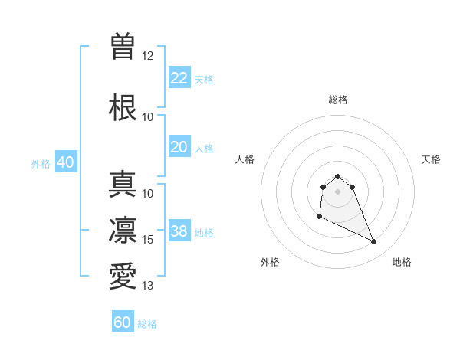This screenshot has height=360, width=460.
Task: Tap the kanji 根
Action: pos(123,107)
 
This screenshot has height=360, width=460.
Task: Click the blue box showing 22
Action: pos(179,77)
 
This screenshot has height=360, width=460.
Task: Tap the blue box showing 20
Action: pos(179,147)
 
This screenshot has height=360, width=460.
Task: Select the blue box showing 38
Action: pos(179,231)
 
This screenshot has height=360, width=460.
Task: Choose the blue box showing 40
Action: pos(65,162)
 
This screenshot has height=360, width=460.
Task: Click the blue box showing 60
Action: pos(123,322)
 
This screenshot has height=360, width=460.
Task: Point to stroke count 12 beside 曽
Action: pos(148,56)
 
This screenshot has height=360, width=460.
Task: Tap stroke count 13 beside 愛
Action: pos(148,286)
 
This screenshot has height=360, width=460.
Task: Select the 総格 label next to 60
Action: pos(147,324)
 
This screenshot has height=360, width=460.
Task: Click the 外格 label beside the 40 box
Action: pos(41,164)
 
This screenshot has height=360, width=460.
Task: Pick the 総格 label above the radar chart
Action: pos(337,100)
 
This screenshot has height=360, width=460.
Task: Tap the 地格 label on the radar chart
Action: pos(402,262)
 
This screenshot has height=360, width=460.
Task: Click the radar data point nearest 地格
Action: pos(374,242)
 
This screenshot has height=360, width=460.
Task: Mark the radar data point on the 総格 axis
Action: pos(337,176)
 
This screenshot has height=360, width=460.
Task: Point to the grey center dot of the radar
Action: pos(337,191)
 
